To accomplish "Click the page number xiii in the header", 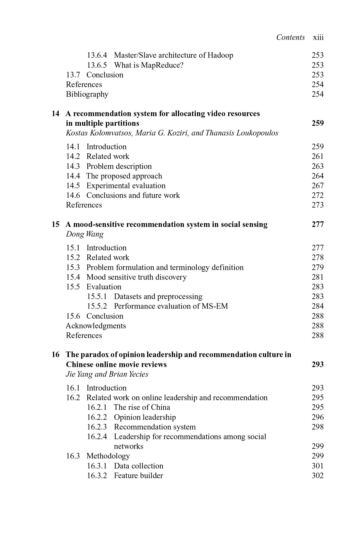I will coord(318,38).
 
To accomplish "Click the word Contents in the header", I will coord(291,38).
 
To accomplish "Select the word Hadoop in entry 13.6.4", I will coord(220,55).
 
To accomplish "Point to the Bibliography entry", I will coord(87,94).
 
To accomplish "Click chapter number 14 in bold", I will coord(55,114).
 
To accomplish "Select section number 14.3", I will coord(73,167).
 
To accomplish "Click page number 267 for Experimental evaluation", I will coord(317,186).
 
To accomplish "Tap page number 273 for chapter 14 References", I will coord(317,205).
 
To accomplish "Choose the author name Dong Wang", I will coord(85,234).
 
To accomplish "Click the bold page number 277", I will coord(317,225).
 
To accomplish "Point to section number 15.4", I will coord(73,277).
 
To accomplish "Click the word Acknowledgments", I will coord(96,326).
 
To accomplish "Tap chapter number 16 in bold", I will coord(55,355).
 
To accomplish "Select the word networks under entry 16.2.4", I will coord(128,446).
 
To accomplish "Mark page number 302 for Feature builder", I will coord(317,476).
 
